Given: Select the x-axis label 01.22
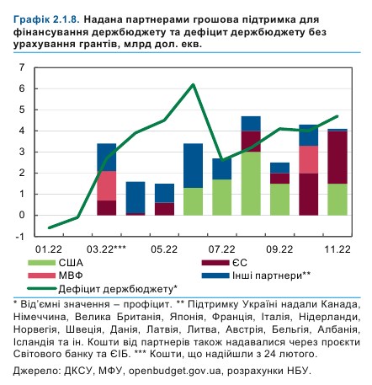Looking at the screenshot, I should coord(50,249).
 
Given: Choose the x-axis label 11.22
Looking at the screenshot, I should coord(337,249).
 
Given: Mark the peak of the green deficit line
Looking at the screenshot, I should coord(194,84).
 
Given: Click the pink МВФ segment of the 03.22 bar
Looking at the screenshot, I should coord(107,185).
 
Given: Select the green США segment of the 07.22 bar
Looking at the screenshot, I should coord(222,197).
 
